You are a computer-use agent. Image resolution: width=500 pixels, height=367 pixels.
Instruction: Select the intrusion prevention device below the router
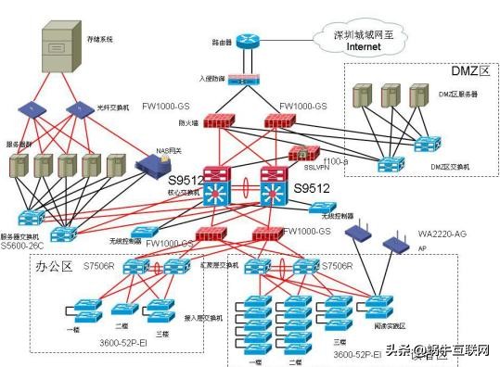[x=247, y=82]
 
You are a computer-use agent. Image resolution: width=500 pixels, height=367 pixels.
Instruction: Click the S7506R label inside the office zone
[x=99, y=266]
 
